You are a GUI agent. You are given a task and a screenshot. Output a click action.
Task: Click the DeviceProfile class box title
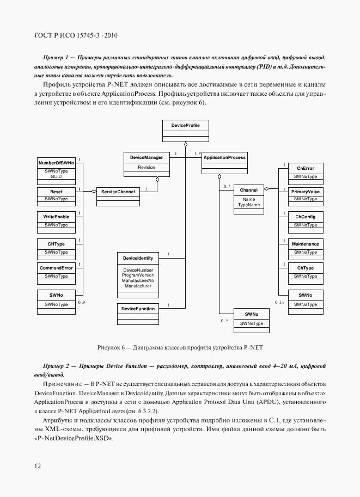point(186,126)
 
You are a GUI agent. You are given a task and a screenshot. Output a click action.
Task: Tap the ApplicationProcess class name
point(224,157)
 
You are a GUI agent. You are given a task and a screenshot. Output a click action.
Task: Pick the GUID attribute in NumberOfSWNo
point(56,176)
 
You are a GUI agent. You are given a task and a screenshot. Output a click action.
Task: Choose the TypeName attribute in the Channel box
point(249,205)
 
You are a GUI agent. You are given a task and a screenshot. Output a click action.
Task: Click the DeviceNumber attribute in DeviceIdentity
point(138,271)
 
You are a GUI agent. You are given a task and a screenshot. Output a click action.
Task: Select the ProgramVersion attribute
point(138,275)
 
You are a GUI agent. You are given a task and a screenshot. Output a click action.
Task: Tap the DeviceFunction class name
point(138,309)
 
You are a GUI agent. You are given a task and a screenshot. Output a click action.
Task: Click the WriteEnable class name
point(56,217)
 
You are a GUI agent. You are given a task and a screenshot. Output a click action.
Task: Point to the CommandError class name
point(56,268)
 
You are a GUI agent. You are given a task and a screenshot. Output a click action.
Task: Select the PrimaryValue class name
point(305,192)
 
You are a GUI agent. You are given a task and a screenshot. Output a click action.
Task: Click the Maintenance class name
point(305,244)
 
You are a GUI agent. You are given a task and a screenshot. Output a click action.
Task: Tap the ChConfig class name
point(305,217)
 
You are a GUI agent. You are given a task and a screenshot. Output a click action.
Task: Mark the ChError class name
point(305,168)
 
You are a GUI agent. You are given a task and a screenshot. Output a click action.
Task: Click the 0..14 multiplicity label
point(279,302)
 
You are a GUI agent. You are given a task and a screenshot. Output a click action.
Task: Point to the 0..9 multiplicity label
point(82,302)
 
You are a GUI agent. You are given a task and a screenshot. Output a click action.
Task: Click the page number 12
point(36,466)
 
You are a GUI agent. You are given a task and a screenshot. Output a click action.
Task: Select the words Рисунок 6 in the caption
point(113,347)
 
